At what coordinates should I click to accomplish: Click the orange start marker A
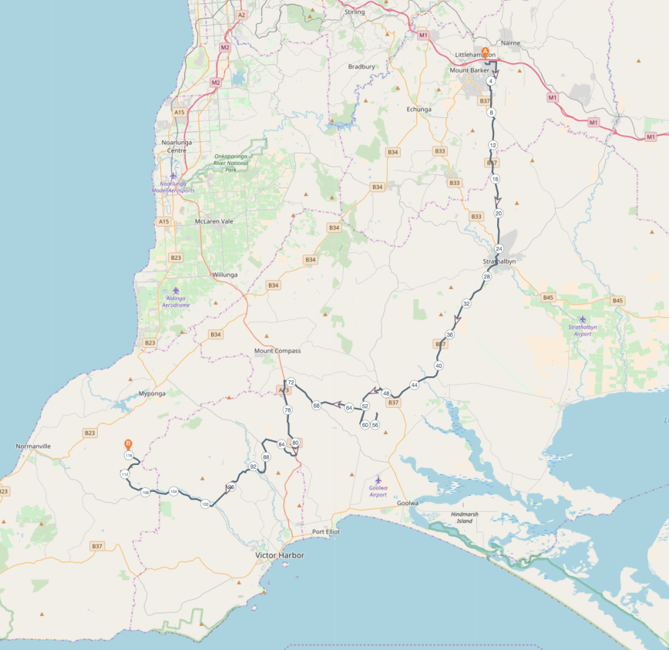[485, 52]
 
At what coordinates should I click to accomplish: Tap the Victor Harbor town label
[280, 555]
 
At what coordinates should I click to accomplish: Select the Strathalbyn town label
[493, 262]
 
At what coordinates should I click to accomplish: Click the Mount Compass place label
[277, 351]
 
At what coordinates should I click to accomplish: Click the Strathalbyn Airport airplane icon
[582, 319]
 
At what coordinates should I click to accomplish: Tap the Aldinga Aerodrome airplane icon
[176, 291]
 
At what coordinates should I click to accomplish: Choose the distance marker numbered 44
[415, 384]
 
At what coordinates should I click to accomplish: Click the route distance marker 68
[316, 405]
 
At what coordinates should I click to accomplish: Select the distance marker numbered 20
[499, 213]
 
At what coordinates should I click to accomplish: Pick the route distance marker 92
[253, 466]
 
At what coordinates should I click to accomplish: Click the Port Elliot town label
[326, 532]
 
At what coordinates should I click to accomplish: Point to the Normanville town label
[33, 446]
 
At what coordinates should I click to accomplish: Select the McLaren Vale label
[213, 221]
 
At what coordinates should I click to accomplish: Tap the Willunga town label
[225, 274]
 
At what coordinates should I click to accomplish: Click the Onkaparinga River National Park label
[231, 163]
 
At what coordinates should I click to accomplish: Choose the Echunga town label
[419, 109]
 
